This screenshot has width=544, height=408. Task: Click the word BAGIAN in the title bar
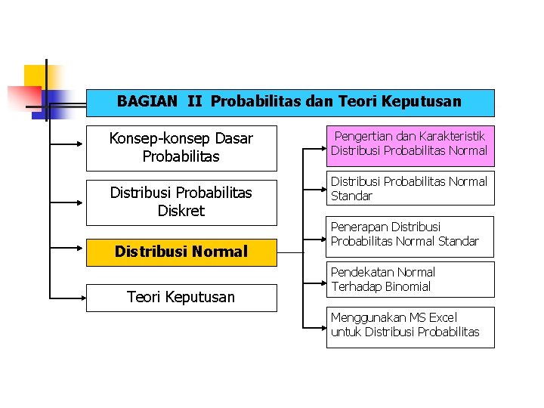coord(147,101)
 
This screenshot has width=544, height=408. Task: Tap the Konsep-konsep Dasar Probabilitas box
coord(181,147)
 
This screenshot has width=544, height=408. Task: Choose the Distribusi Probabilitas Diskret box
coord(181,202)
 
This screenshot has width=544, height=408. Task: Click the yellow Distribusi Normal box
coord(181,252)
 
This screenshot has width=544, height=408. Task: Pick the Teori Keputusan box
coord(181,297)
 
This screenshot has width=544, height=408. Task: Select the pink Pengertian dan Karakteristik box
coord(409,144)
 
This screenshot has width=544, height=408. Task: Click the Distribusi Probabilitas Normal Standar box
coord(409,189)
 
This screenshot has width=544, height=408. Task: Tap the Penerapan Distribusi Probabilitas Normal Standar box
coord(409,234)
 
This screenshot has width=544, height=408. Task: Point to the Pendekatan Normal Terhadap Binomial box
coord(409,280)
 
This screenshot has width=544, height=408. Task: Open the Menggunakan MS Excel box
coord(409,326)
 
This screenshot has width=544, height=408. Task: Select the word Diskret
coord(181,211)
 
